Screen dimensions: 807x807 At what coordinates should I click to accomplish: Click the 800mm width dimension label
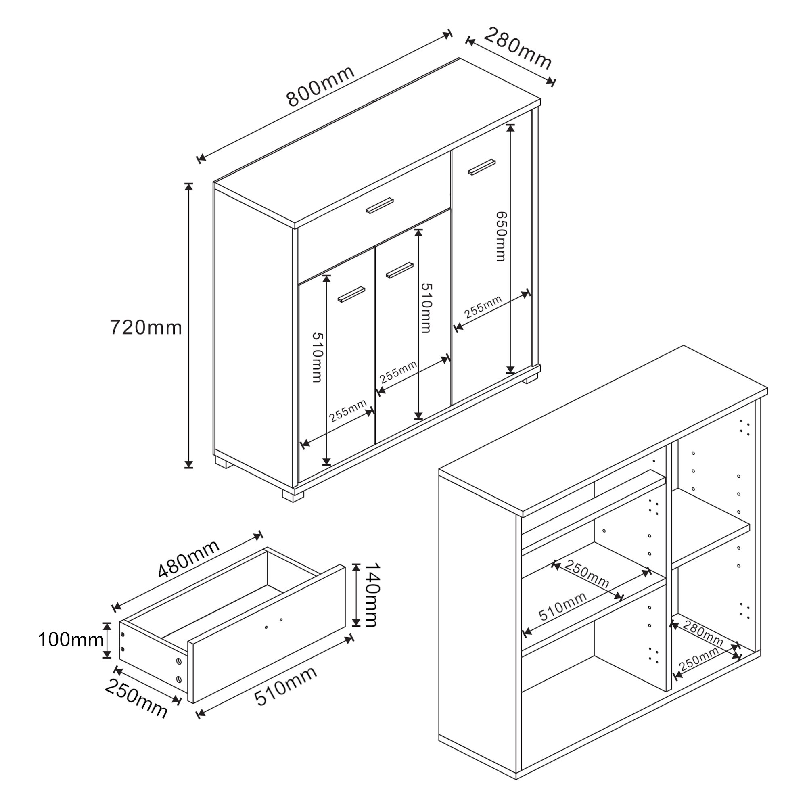[x=321, y=87]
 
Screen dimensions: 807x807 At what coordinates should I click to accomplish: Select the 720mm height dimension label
[x=146, y=328]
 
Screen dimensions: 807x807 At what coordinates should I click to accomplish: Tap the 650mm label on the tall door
[x=501, y=236]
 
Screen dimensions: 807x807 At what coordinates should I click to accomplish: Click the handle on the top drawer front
[x=380, y=205]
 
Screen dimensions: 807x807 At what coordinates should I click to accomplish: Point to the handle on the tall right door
[x=482, y=167]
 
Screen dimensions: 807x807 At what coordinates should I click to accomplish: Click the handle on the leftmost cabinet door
[x=351, y=294]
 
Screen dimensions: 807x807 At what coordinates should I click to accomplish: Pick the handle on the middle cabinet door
[x=399, y=270]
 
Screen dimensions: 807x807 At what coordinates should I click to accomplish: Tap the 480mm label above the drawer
[x=189, y=559]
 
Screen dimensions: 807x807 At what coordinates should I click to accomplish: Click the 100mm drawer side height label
[x=71, y=640]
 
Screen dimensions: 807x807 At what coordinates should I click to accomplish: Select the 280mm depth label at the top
[x=518, y=49]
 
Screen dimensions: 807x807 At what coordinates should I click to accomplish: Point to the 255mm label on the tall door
[x=483, y=307]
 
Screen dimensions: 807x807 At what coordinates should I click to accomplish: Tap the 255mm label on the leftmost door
[x=347, y=411]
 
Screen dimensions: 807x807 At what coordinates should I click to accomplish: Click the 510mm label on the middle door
[x=426, y=308]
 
